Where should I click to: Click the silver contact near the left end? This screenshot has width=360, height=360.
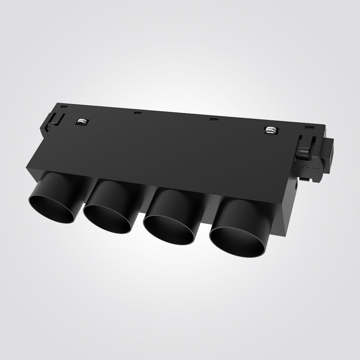pyautogui.click(x=82, y=122)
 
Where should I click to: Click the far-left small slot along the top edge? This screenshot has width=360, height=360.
pyautogui.click(x=63, y=107)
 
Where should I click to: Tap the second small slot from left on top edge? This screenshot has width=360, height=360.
pyautogui.click(x=136, y=113)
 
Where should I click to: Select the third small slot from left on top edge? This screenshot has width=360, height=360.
pyautogui.click(x=213, y=119)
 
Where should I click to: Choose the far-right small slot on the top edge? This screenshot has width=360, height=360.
pyautogui.click(x=308, y=127)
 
